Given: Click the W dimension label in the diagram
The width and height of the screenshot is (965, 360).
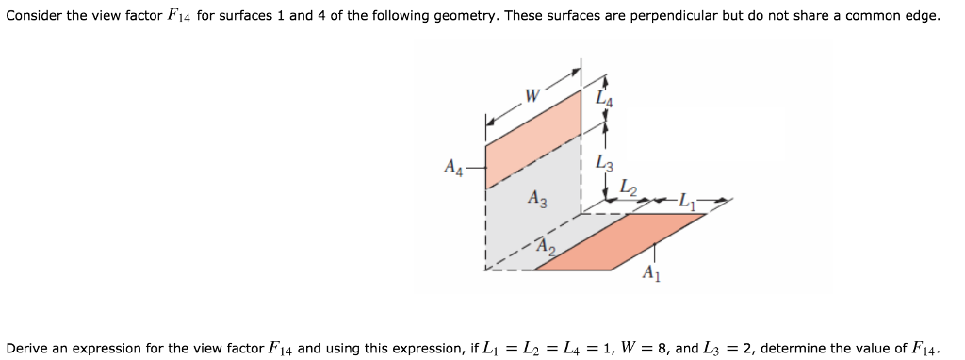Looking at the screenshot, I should click(x=532, y=94).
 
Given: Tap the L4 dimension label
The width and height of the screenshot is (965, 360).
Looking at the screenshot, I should click(x=604, y=95).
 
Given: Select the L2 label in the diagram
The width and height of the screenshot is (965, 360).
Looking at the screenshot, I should click(x=628, y=191).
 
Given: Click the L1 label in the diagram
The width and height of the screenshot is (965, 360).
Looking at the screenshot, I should click(x=687, y=200).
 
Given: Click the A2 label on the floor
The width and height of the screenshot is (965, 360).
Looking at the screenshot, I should click(x=546, y=248).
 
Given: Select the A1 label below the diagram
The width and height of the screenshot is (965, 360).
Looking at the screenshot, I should click(x=650, y=274).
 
